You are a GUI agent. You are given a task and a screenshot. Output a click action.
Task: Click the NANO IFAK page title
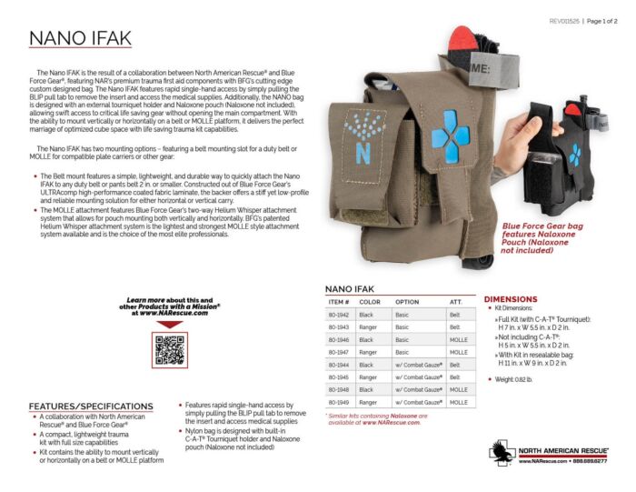click(x=80, y=37)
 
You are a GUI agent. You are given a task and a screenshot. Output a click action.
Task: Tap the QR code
click(x=170, y=349)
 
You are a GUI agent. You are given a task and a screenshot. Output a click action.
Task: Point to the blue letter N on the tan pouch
click(x=363, y=152)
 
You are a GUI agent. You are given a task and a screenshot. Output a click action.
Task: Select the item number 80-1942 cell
click(x=338, y=314)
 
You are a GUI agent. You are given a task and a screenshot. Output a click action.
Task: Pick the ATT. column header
click(x=455, y=301)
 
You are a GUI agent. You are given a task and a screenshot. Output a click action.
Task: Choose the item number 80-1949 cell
click(x=338, y=401)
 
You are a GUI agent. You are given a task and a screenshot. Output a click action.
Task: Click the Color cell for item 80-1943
click(x=369, y=326)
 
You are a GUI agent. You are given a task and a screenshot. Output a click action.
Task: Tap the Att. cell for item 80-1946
click(x=459, y=339)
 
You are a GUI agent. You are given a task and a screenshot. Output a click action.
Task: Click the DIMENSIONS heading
click(x=511, y=299)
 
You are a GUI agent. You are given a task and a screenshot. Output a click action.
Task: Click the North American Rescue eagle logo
click(x=502, y=452)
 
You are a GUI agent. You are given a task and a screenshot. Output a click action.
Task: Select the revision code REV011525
click(x=565, y=20)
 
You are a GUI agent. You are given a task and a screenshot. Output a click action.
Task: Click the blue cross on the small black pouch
click(x=574, y=155)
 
